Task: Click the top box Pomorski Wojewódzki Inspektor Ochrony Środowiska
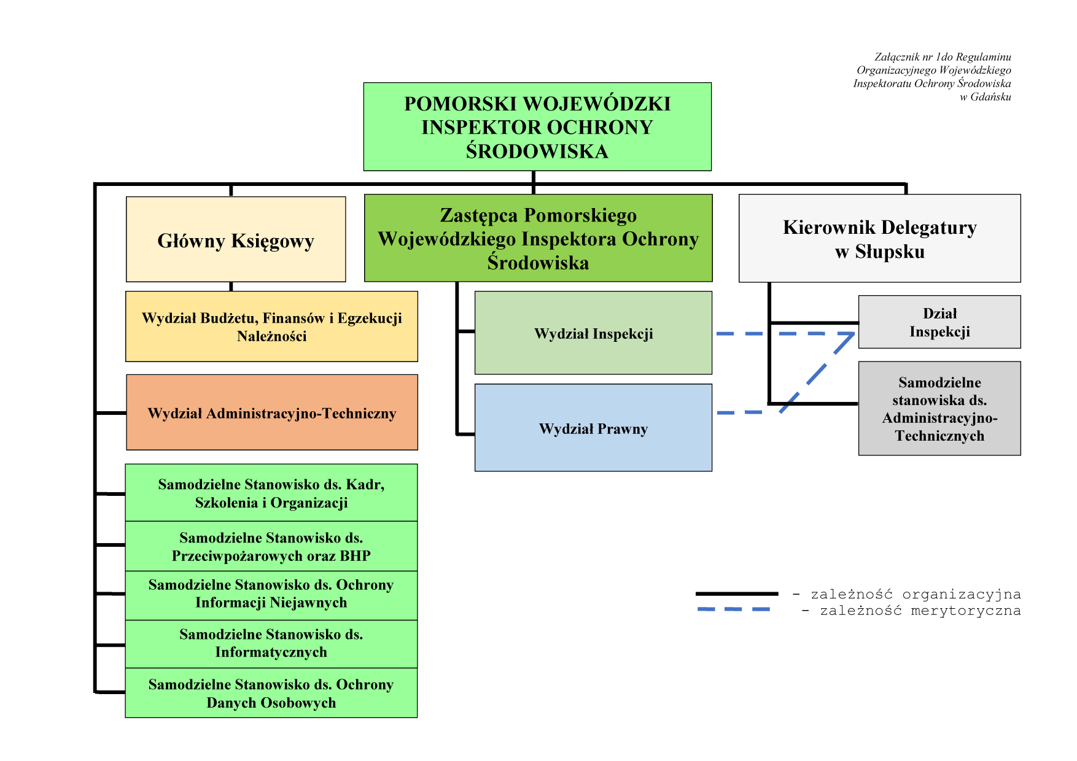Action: pyautogui.click(x=537, y=126)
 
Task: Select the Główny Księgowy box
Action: pyautogui.click(x=236, y=239)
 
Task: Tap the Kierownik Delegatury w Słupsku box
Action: pyautogui.click(x=879, y=238)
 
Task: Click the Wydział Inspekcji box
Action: pyautogui.click(x=593, y=333)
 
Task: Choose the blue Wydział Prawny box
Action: pyautogui.click(x=593, y=428)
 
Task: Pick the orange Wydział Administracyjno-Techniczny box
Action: pyautogui.click(x=272, y=412)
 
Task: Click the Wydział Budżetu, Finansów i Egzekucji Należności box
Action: pyautogui.click(x=271, y=326)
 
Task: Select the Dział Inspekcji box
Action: pyautogui.click(x=939, y=322)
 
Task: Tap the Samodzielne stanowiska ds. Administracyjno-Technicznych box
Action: pyautogui.click(x=939, y=408)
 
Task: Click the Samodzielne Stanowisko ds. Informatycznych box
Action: pyautogui.click(x=271, y=644)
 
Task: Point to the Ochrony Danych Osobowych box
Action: pyautogui.click(x=271, y=693)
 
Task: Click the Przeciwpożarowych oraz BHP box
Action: pyautogui.click(x=271, y=546)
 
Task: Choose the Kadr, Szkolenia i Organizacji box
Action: pyautogui.click(x=271, y=493)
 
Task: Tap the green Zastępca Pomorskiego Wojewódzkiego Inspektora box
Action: pyautogui.click(x=538, y=238)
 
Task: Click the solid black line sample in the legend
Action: pyautogui.click(x=737, y=593)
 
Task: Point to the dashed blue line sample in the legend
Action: pyautogui.click(x=734, y=609)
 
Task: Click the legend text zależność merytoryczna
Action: pyautogui.click(x=920, y=611)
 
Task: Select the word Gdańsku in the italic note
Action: pyautogui.click(x=991, y=97)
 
